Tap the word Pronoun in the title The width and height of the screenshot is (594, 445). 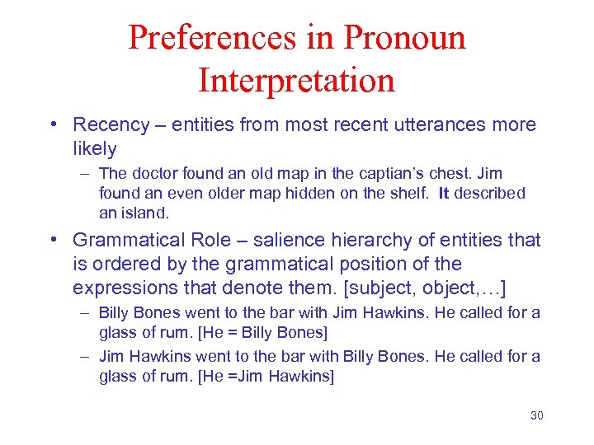(x=404, y=38)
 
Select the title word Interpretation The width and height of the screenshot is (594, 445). (x=297, y=81)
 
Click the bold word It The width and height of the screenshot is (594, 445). (x=443, y=194)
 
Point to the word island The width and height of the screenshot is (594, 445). (x=149, y=213)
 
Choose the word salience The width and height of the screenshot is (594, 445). (x=290, y=241)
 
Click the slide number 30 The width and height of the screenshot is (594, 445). (x=536, y=415)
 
